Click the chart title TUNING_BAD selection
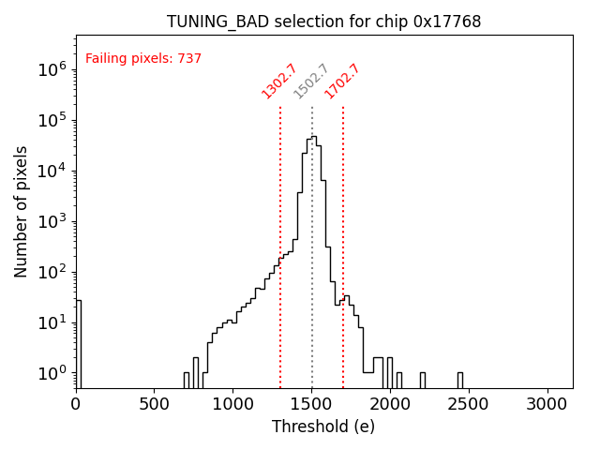(x=323, y=22)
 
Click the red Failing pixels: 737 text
(x=143, y=59)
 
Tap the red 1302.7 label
(x=278, y=82)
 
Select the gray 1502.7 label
(x=311, y=82)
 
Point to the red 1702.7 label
(x=342, y=82)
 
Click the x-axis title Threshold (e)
(x=323, y=427)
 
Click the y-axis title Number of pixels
(x=22, y=211)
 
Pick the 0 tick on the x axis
(x=76, y=404)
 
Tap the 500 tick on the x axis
(x=155, y=404)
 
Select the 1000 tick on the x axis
(x=233, y=404)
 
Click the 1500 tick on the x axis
(x=312, y=404)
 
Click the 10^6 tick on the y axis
(x=52, y=69)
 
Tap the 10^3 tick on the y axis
(x=52, y=221)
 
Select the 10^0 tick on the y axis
(x=52, y=374)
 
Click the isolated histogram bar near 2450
(x=460, y=380)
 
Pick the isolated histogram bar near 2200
(x=422, y=380)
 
